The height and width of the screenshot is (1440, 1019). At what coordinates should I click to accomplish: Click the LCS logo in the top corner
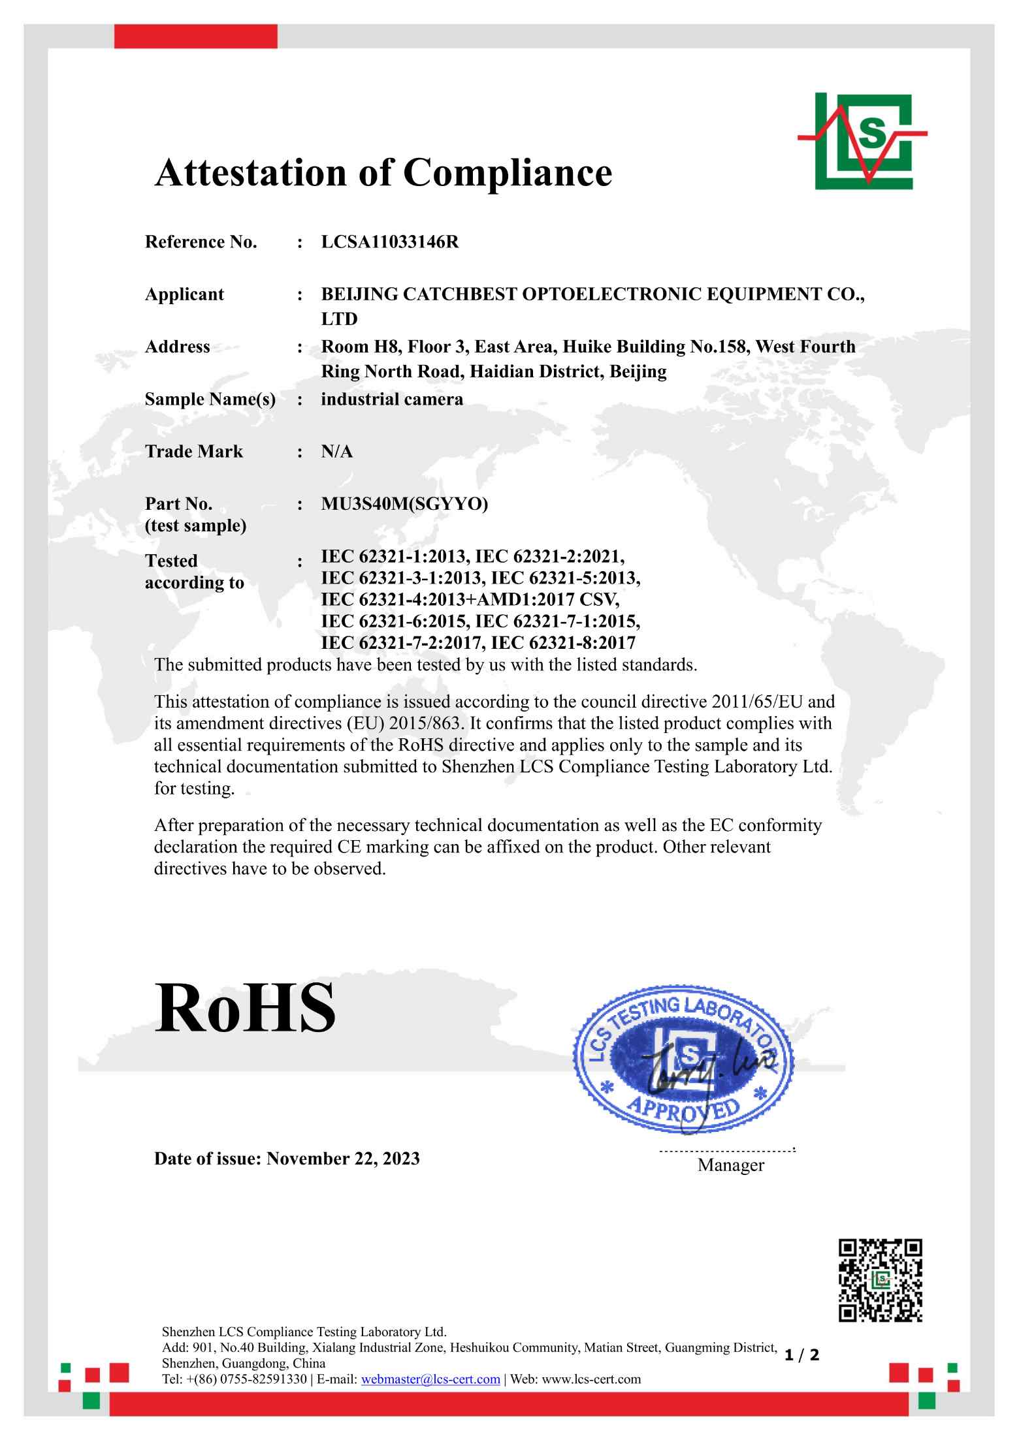tap(862, 141)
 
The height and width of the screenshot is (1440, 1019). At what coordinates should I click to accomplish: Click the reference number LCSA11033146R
tap(390, 243)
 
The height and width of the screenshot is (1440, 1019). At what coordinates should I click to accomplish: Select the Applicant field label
tap(184, 294)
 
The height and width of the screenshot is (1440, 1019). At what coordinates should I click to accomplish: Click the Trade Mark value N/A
tap(337, 452)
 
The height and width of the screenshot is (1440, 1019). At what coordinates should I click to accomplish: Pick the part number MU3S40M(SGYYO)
tap(404, 505)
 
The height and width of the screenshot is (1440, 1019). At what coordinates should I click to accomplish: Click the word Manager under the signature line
tap(730, 1165)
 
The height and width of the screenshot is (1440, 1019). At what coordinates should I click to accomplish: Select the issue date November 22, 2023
tap(343, 1159)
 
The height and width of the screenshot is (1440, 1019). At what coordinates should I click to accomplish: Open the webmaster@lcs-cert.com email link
tap(430, 1379)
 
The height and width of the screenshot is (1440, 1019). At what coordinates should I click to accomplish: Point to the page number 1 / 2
tap(801, 1355)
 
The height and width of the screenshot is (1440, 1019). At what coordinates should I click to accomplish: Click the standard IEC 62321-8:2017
tap(563, 644)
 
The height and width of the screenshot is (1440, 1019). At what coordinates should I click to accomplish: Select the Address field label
tap(178, 347)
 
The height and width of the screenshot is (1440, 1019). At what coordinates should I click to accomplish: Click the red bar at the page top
tap(195, 37)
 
